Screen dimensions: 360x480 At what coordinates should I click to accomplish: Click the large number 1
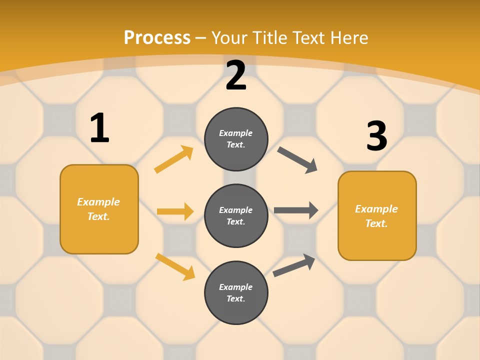(99, 128)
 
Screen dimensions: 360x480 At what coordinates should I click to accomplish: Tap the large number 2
(236, 76)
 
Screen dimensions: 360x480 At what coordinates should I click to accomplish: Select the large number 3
(377, 137)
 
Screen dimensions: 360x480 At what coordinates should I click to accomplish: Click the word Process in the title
(157, 37)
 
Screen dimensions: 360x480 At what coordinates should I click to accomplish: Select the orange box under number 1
(99, 209)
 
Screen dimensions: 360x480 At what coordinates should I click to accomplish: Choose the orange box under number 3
(377, 216)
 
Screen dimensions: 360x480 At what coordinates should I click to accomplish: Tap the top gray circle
(236, 139)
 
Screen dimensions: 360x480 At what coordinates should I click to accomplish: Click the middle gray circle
(236, 215)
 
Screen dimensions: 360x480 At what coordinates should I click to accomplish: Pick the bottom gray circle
(236, 292)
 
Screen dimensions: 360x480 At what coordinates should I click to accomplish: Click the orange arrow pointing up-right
(174, 159)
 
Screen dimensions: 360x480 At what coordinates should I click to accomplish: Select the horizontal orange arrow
(175, 211)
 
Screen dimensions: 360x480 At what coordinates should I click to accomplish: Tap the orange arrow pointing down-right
(175, 266)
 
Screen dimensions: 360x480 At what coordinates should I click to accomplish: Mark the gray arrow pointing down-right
(297, 160)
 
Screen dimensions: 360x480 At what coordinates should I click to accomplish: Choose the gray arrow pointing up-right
(294, 265)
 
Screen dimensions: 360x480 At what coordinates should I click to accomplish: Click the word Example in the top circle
(236, 133)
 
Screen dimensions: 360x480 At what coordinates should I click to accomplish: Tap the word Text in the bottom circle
(236, 298)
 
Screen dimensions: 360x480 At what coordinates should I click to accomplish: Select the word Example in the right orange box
(376, 209)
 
